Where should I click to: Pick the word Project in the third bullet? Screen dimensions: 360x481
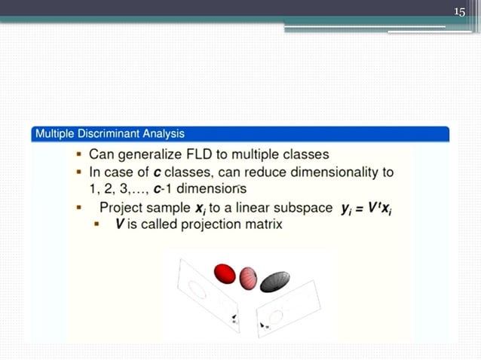[x=124, y=208]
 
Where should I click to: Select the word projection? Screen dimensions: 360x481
[x=207, y=224]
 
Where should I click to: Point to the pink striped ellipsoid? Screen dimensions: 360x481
[x=249, y=279]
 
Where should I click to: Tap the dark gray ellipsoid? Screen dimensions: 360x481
[x=275, y=281]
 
